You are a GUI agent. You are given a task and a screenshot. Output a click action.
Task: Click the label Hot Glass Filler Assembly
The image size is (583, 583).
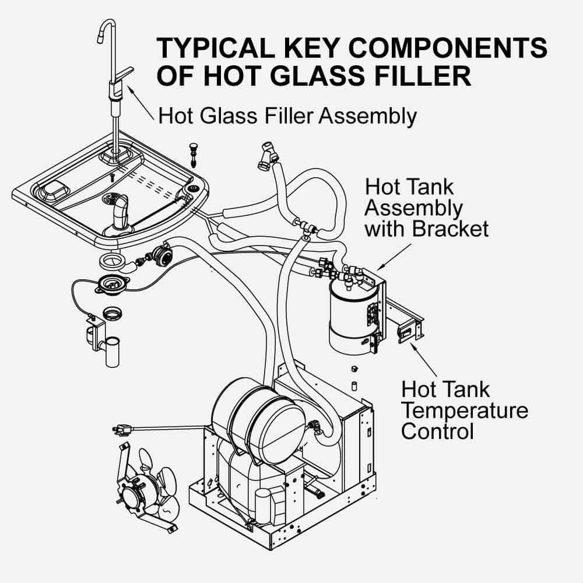coord(287,115)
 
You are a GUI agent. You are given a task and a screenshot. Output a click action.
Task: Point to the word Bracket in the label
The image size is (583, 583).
coord(450,228)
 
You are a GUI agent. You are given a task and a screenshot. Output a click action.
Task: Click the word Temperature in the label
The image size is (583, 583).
coord(465,410)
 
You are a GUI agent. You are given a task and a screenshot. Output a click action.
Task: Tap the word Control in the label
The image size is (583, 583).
coord(437,431)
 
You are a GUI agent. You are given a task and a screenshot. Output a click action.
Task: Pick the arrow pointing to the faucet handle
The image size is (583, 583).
coord(141,96)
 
